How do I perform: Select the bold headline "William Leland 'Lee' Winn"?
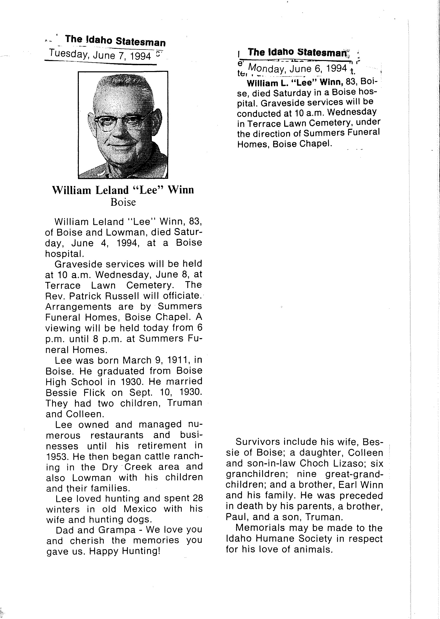click(123, 190)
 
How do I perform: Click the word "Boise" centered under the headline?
click(123, 202)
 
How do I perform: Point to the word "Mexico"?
click(140, 509)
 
